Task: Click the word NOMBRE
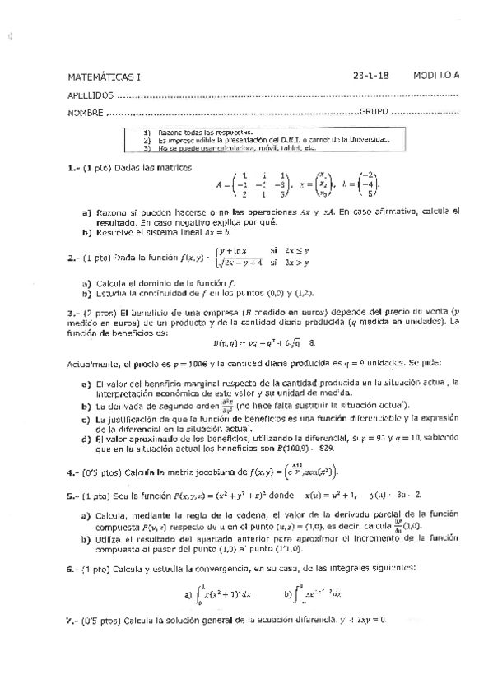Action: (x=86, y=113)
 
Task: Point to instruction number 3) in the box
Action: (x=148, y=148)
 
